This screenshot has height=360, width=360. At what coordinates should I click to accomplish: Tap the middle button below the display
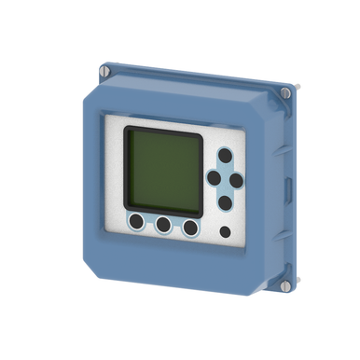pyautogui.click(x=164, y=225)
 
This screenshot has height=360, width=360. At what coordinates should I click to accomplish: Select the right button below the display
pyautogui.click(x=191, y=228)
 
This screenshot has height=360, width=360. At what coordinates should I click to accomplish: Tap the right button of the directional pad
pyautogui.click(x=236, y=178)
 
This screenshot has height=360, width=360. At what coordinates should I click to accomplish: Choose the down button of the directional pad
pyautogui.click(x=225, y=201)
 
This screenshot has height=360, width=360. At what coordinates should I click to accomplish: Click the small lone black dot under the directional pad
pyautogui.click(x=225, y=231)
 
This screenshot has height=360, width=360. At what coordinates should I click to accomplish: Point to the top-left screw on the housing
pyautogui.click(x=104, y=68)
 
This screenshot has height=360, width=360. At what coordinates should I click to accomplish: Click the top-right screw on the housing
pyautogui.click(x=285, y=92)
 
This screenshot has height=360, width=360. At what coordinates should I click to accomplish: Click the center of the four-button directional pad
pyautogui.click(x=225, y=177)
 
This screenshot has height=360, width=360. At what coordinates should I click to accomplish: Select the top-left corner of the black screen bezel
pyautogui.click(x=126, y=127)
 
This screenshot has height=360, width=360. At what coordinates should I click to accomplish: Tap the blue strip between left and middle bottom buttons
pyautogui.click(x=150, y=224)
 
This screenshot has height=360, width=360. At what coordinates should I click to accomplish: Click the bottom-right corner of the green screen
pyautogui.click(x=197, y=206)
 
